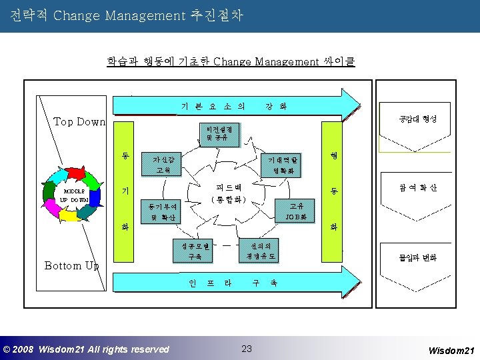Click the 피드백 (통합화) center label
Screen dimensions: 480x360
229,193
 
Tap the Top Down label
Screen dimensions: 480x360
79,121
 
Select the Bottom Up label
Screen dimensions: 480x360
71,265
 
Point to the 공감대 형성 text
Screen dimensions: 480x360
417,119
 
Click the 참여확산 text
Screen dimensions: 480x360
417,188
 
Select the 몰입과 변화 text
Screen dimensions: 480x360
417,258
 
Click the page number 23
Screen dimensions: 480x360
247,348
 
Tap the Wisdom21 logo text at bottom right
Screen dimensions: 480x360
451,350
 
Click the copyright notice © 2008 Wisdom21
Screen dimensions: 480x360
86,349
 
